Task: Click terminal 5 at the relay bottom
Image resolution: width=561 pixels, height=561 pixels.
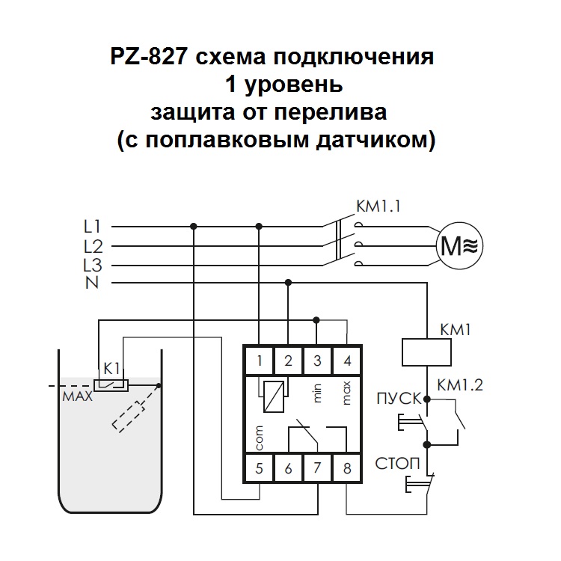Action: [x=259, y=470]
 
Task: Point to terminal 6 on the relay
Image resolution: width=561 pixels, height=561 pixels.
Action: [x=288, y=470]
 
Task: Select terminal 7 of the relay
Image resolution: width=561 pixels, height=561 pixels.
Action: [x=317, y=470]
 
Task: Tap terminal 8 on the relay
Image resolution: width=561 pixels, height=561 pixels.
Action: [x=346, y=470]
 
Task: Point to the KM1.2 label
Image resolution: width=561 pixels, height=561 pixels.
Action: [x=461, y=386]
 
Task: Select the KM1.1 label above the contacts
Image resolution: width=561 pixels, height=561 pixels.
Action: [x=380, y=207]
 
